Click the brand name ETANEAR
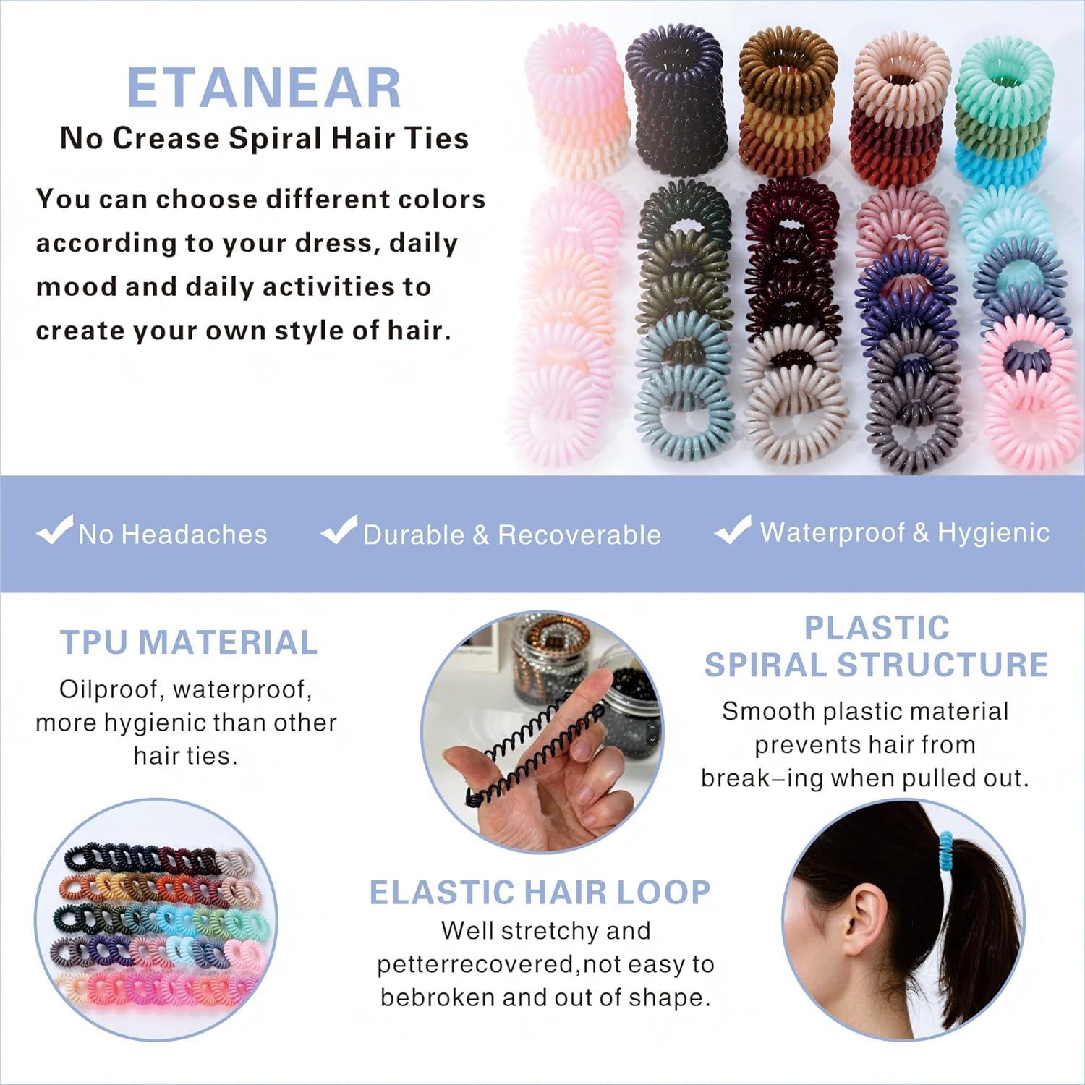pyautogui.click(x=264, y=88)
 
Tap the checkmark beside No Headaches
pyautogui.click(x=54, y=530)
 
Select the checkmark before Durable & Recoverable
pyautogui.click(x=339, y=530)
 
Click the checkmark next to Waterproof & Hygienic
pyautogui.click(x=733, y=530)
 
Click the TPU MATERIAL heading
pyautogui.click(x=188, y=642)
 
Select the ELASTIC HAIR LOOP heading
pyautogui.click(x=540, y=893)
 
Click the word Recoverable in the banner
pyautogui.click(x=579, y=535)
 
